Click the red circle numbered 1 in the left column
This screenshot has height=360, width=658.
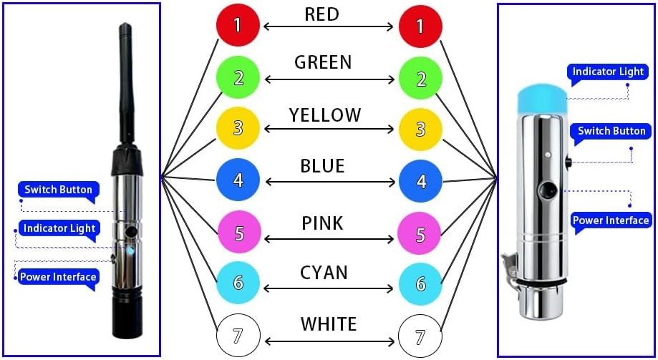[238, 25]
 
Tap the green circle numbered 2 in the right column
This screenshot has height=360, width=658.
[420, 79]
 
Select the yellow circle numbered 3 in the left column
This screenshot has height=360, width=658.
[238, 128]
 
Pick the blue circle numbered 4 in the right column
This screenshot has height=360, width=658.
[420, 181]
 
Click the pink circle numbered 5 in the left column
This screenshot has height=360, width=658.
[239, 232]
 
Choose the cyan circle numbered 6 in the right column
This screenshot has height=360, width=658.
[420, 284]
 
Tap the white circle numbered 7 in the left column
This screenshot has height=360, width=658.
[238, 335]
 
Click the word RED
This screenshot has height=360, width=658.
[322, 14]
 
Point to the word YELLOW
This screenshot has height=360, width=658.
[325, 115]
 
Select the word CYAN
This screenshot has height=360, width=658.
[324, 273]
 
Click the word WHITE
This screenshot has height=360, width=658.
[329, 324]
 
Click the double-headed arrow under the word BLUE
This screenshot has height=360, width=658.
[330, 182]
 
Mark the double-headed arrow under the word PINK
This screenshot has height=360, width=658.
[329, 239]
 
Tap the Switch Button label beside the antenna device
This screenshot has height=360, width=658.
[58, 190]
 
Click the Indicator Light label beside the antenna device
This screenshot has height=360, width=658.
[59, 229]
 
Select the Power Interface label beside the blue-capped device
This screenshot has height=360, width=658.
[611, 220]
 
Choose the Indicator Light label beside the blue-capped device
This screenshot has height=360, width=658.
[608, 72]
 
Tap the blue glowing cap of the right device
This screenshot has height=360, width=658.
[543, 99]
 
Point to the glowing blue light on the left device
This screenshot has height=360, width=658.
[130, 251]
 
